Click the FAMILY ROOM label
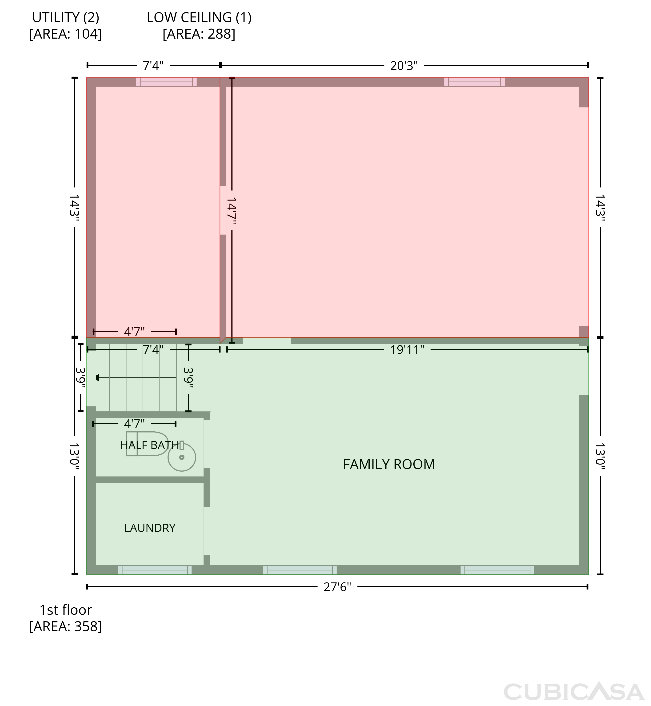(x=389, y=464)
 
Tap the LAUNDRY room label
(x=150, y=528)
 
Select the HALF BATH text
(x=150, y=445)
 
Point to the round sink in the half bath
(x=182, y=457)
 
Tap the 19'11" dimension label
(x=407, y=350)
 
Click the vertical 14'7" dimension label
(x=232, y=211)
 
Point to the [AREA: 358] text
(x=65, y=626)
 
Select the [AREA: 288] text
(x=199, y=34)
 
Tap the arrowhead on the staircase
(x=98, y=378)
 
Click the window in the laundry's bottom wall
(x=155, y=570)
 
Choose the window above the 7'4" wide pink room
(x=166, y=82)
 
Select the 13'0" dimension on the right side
(x=600, y=457)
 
